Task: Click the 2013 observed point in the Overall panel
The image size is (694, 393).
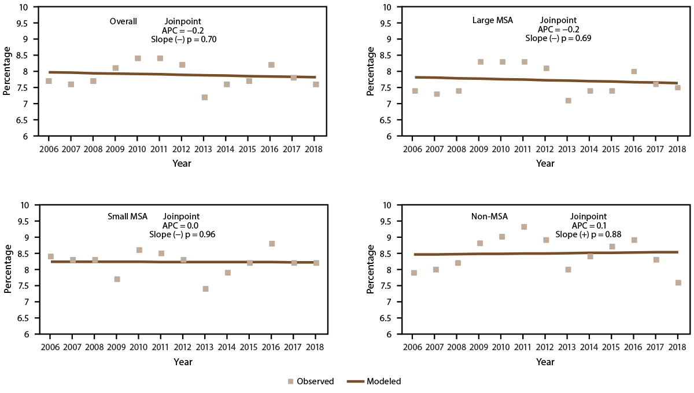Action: pyautogui.click(x=205, y=97)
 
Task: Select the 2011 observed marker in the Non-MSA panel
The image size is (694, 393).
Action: pyautogui.click(x=524, y=227)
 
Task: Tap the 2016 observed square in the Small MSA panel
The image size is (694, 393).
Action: pyautogui.click(x=272, y=244)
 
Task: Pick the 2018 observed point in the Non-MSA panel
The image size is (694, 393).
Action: pyautogui.click(x=678, y=283)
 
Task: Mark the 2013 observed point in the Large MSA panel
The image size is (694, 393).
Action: pyautogui.click(x=569, y=101)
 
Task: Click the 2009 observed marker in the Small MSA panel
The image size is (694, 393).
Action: pyautogui.click(x=117, y=279)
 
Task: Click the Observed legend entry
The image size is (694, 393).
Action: pyautogui.click(x=311, y=381)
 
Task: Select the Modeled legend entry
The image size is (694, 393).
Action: pyautogui.click(x=374, y=381)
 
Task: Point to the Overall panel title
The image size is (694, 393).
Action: pyautogui.click(x=123, y=22)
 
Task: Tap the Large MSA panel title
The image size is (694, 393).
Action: pyautogui.click(x=493, y=22)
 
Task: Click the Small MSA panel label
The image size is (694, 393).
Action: pyautogui.click(x=127, y=216)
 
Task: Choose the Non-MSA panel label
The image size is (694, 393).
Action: pyautogui.click(x=489, y=216)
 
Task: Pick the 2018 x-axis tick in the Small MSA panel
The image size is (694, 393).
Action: pyautogui.click(x=316, y=347)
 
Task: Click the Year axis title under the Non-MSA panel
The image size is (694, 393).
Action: pyautogui.click(x=545, y=362)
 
